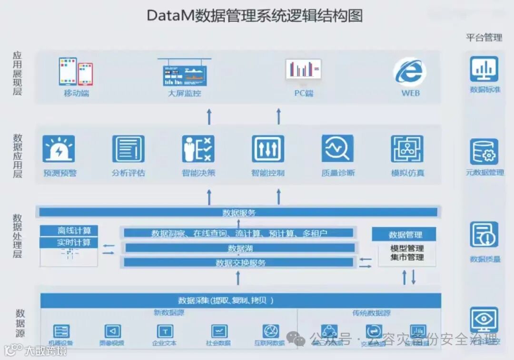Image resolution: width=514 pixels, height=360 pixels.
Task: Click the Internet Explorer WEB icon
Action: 409,72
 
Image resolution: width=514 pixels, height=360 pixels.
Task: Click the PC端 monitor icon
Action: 303,69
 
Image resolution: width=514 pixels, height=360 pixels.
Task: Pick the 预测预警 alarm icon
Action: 59,149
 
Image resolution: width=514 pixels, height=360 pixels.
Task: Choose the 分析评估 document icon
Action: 128,149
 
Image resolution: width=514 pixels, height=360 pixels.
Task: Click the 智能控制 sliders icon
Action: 268,149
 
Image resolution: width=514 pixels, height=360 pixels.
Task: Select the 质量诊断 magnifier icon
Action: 337,149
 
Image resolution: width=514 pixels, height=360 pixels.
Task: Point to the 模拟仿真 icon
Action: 407,149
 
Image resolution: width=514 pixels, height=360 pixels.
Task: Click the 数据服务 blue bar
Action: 238,212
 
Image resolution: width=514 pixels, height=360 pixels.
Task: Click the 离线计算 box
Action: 69,231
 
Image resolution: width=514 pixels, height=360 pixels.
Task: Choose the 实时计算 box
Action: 69,243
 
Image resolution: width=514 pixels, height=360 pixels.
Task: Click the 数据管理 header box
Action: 404,234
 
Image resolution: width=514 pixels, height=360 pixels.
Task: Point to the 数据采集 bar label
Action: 226,300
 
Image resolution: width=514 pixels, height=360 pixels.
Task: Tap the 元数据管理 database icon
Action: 484,152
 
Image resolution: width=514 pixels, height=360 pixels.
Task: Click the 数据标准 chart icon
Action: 484,69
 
